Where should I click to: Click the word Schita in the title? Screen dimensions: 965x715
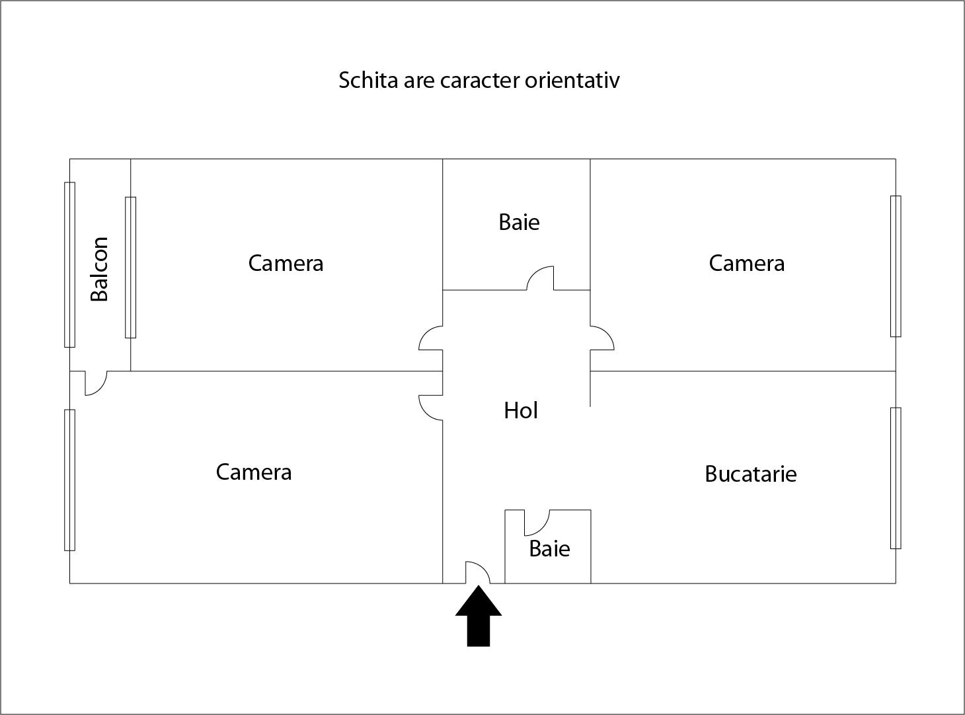(368, 80)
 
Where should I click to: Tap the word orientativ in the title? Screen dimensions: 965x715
(572, 80)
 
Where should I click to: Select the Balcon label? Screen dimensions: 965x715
(99, 269)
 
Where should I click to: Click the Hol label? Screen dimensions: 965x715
(521, 410)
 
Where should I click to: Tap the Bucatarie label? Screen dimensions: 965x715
(750, 474)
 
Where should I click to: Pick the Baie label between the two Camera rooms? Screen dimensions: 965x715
(519, 223)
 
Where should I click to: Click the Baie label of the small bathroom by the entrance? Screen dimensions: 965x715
(549, 548)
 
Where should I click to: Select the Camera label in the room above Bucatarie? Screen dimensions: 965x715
(747, 263)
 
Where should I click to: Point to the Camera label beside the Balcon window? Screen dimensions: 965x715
(286, 263)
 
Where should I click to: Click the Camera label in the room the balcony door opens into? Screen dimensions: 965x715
(254, 472)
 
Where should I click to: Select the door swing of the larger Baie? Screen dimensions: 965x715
(534, 271)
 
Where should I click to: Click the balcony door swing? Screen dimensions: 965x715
(101, 389)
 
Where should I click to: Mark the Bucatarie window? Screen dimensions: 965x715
(896, 478)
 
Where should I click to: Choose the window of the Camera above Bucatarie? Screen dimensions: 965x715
(896, 266)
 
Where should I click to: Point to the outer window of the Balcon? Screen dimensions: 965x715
(69, 264)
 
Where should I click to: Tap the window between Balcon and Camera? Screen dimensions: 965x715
(130, 267)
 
